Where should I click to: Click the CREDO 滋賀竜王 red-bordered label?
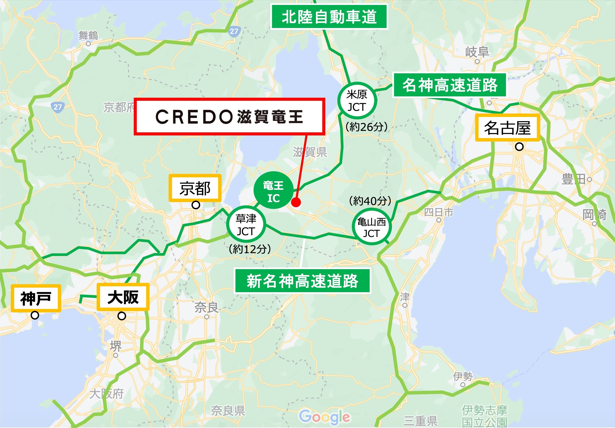pyautogui.click(x=229, y=117)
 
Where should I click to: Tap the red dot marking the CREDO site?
pyautogui.click(x=296, y=202)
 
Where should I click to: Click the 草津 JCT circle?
pyautogui.click(x=246, y=225)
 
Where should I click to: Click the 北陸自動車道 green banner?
pyautogui.click(x=329, y=17)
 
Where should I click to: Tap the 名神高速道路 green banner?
pyautogui.click(x=450, y=85)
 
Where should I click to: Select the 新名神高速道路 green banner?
pyautogui.click(x=302, y=281)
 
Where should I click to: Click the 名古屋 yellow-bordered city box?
pyautogui.click(x=507, y=128)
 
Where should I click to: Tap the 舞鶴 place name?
pyautogui.click(x=88, y=35)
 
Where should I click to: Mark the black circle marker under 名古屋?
pyautogui.click(x=519, y=147)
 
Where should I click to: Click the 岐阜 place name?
pyautogui.click(x=477, y=52)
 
